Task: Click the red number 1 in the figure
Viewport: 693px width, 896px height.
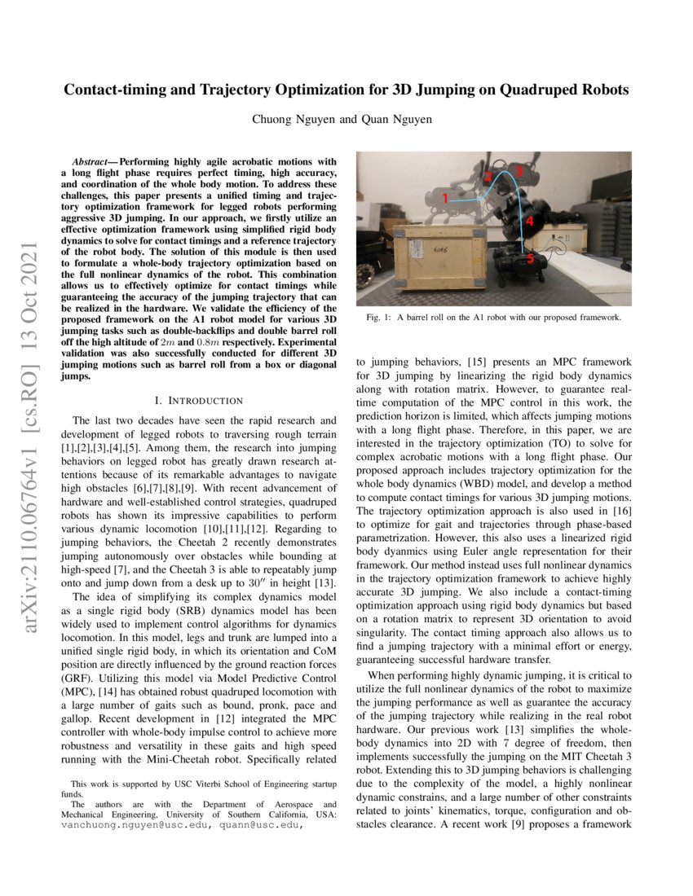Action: pyautogui.click(x=445, y=197)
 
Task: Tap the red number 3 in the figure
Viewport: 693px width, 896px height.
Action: pyautogui.click(x=518, y=171)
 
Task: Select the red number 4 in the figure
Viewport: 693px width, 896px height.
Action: pyautogui.click(x=529, y=221)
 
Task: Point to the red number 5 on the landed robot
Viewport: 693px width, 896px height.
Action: pyautogui.click(x=530, y=259)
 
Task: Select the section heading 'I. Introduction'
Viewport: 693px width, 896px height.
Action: pyautogui.click(x=198, y=401)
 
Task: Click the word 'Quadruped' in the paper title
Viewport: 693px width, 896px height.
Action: pyautogui.click(x=531, y=90)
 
